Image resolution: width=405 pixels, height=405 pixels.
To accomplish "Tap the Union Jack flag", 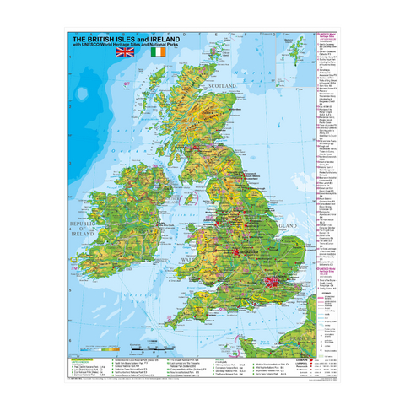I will tap(125, 52).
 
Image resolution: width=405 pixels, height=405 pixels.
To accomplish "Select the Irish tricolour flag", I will tap(159, 52).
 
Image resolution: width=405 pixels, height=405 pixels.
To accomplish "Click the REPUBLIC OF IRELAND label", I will tap(84, 225).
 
